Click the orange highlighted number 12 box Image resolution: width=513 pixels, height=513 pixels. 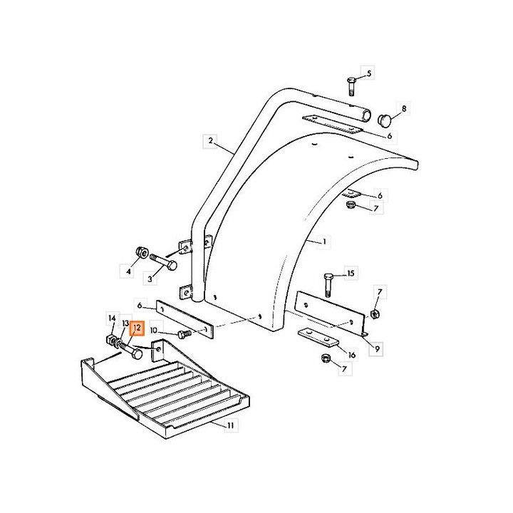click(x=137, y=328)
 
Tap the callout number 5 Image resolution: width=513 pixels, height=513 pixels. click(x=369, y=73)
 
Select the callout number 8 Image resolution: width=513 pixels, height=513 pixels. click(x=404, y=108)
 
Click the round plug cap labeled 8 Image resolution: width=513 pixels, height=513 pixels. click(x=385, y=120)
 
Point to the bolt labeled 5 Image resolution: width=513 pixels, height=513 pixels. click(x=351, y=86)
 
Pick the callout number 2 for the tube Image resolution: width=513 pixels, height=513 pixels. click(x=210, y=141)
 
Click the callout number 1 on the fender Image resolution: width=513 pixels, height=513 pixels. click(x=324, y=242)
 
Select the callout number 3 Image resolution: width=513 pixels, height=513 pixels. click(x=150, y=279)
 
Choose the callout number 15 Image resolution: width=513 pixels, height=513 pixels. click(x=351, y=273)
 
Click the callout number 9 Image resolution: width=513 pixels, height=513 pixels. click(x=377, y=349)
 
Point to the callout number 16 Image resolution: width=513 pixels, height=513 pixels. click(x=352, y=355)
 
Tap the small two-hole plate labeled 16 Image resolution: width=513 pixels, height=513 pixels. click(x=318, y=336)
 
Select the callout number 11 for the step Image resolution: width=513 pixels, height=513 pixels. click(x=231, y=425)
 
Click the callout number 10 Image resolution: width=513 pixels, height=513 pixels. click(x=153, y=331)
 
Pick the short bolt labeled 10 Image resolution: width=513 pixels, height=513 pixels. click(x=185, y=334)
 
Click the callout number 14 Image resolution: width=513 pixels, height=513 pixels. click(x=113, y=318)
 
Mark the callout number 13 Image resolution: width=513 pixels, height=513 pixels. click(x=125, y=323)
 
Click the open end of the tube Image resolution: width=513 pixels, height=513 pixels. click(x=366, y=115)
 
